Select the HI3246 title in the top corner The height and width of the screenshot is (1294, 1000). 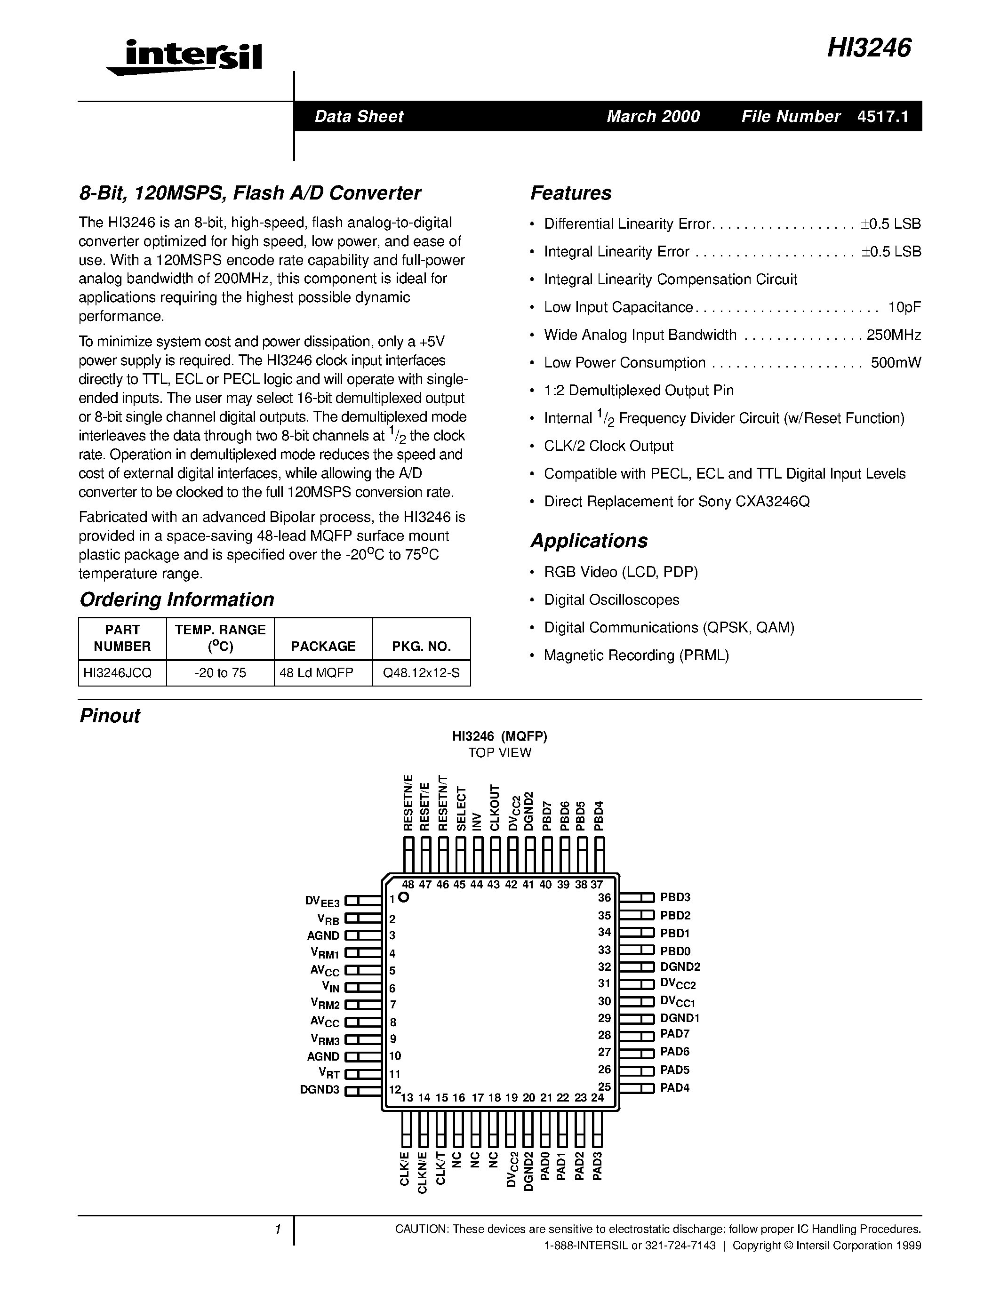(869, 48)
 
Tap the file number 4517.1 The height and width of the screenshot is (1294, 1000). (882, 117)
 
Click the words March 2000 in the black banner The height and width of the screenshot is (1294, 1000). (653, 117)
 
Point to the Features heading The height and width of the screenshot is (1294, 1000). (570, 193)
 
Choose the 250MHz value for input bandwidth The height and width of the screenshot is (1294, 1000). (893, 335)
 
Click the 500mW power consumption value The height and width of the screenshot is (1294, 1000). (896, 363)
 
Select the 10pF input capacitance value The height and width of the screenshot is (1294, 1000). (904, 308)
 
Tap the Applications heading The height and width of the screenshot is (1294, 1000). (589, 541)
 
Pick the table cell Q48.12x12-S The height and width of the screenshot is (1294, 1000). (421, 673)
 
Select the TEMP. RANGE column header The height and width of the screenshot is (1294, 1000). (220, 638)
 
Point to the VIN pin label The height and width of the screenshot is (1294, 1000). (330, 987)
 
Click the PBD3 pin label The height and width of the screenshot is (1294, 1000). (675, 898)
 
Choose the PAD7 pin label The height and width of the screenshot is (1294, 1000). (675, 1034)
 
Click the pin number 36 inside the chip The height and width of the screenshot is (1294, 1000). (604, 898)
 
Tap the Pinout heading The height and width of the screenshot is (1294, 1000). (110, 716)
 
